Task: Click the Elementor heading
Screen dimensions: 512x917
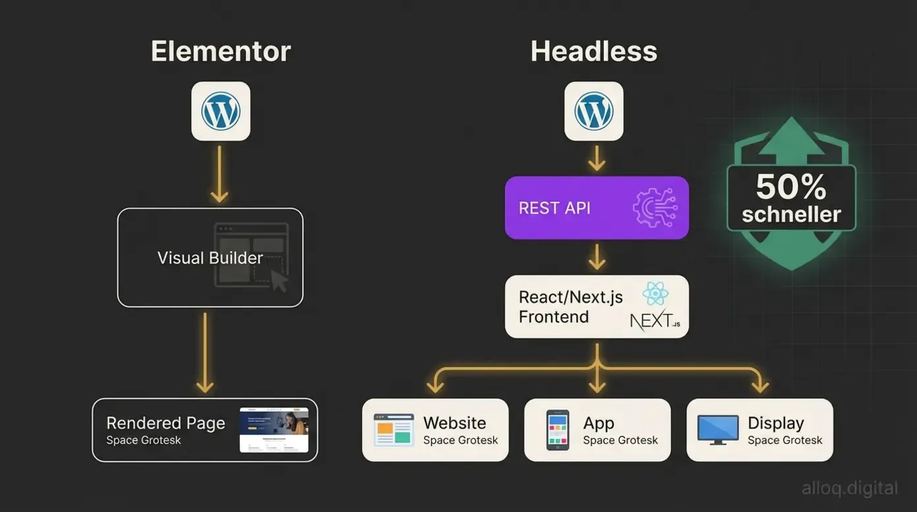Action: (x=220, y=51)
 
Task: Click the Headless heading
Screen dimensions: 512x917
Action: (x=593, y=51)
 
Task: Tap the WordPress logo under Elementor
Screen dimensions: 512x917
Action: (x=221, y=111)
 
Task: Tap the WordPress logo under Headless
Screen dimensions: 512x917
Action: (x=594, y=111)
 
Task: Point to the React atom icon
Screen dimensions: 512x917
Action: (x=655, y=294)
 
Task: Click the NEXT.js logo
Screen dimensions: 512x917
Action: (x=654, y=321)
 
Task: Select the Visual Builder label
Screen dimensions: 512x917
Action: (x=210, y=258)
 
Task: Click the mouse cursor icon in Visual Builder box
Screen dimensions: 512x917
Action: (x=280, y=280)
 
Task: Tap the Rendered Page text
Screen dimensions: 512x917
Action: (x=165, y=423)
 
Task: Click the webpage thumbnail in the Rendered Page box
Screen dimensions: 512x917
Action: (x=274, y=430)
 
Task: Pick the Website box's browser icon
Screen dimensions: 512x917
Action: (x=394, y=430)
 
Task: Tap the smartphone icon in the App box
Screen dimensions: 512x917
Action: (x=558, y=430)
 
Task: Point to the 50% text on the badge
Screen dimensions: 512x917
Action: (x=791, y=187)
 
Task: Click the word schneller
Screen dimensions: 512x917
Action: (x=791, y=214)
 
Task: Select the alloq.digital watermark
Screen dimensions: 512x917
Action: (x=849, y=489)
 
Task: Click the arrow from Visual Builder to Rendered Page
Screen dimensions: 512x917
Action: (x=205, y=353)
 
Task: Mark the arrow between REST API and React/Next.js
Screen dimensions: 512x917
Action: (x=597, y=257)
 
